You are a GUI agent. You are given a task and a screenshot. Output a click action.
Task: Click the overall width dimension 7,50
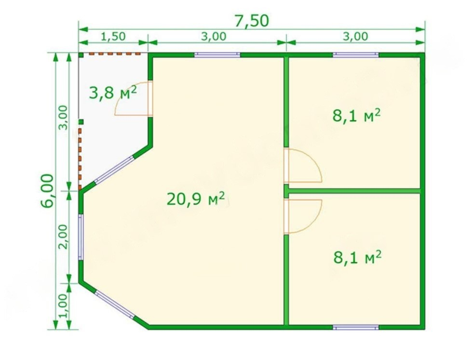pos(252,21)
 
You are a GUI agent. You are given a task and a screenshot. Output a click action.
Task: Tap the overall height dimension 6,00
pos(48,191)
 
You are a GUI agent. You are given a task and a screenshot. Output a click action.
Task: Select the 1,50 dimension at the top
pos(113,36)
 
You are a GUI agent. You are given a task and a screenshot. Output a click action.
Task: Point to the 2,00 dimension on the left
pos(63,236)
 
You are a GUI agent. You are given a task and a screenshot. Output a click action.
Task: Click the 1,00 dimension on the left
pos(63,306)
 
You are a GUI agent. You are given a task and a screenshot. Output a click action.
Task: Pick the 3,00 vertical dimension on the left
pos(63,117)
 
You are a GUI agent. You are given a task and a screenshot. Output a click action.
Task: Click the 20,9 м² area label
pos(196,198)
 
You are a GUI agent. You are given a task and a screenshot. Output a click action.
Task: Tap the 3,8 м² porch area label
pos(113,93)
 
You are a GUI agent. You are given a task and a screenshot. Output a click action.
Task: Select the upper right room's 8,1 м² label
pos(356,115)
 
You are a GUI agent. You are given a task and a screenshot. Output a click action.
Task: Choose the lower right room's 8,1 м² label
pos(357,257)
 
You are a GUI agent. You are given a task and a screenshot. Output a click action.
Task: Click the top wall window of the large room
pos(217,55)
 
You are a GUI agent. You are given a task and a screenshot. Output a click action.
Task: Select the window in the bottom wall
pos(356,327)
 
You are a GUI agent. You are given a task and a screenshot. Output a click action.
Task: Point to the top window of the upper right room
pos(356,55)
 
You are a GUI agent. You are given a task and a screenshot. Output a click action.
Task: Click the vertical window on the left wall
pos(81,237)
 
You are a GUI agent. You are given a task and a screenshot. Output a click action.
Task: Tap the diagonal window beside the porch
pos(114,169)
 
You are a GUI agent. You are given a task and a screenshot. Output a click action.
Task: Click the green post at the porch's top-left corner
pos(81,55)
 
